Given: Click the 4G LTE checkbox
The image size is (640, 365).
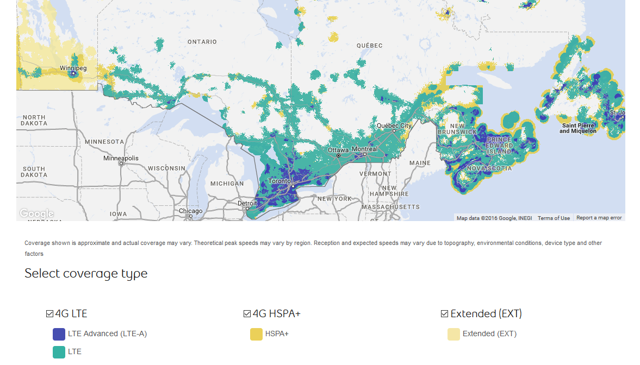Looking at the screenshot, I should (50, 314).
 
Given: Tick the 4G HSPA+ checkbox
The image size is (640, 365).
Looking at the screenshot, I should (247, 314).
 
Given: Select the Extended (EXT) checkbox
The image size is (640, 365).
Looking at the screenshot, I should (444, 314).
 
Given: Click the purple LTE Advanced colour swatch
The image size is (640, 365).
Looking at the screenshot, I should (59, 334).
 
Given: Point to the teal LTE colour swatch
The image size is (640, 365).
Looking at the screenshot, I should (59, 352).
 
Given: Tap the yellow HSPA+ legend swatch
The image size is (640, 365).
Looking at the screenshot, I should (256, 334).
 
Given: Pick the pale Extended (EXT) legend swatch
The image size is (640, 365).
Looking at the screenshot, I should (453, 334).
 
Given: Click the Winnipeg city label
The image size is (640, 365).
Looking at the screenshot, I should (73, 68).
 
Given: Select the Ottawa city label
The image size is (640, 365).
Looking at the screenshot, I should (337, 150).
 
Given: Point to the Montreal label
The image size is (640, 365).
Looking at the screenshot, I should (364, 149).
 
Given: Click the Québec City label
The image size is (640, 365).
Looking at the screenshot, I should (395, 125).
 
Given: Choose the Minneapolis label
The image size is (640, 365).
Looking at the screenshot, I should (121, 159).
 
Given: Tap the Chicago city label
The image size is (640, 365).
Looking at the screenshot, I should (190, 211).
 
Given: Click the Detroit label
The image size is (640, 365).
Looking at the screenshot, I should (247, 203).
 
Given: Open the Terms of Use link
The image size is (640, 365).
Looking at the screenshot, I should (554, 218).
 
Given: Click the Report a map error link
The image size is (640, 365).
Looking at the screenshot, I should (599, 218).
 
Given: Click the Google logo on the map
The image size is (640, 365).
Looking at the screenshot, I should (36, 213).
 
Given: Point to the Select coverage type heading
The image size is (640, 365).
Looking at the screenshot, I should (86, 273).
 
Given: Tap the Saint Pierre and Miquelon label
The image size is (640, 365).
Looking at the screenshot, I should (577, 128).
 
